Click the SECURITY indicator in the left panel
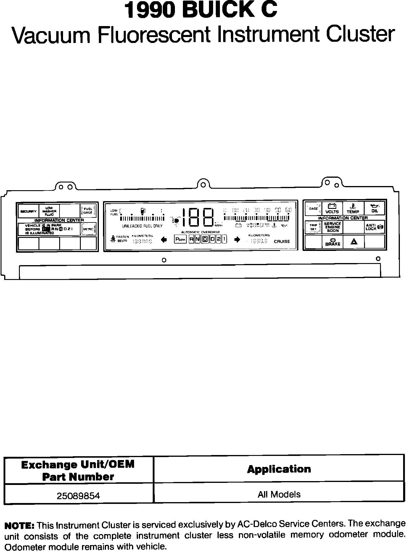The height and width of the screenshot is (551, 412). [28, 212]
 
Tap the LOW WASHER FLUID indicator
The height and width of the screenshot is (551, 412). [49, 211]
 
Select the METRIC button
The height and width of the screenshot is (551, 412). [88, 229]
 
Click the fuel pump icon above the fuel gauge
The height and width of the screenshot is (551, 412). [143, 211]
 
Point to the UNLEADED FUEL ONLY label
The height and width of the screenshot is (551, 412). [142, 226]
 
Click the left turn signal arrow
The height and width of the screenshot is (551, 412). [164, 239]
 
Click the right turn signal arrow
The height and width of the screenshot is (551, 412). [237, 239]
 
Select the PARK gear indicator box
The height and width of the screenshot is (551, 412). [180, 239]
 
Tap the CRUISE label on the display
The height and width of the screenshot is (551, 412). [282, 241]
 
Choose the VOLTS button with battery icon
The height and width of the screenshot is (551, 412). [332, 209]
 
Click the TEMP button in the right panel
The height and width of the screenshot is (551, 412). [353, 209]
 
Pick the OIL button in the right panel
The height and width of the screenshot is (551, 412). [374, 209]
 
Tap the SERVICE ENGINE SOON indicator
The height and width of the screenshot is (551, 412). [333, 227]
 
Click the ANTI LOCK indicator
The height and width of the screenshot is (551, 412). [374, 227]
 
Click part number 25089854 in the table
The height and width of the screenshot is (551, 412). [78, 496]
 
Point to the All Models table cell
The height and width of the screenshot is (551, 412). [279, 494]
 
